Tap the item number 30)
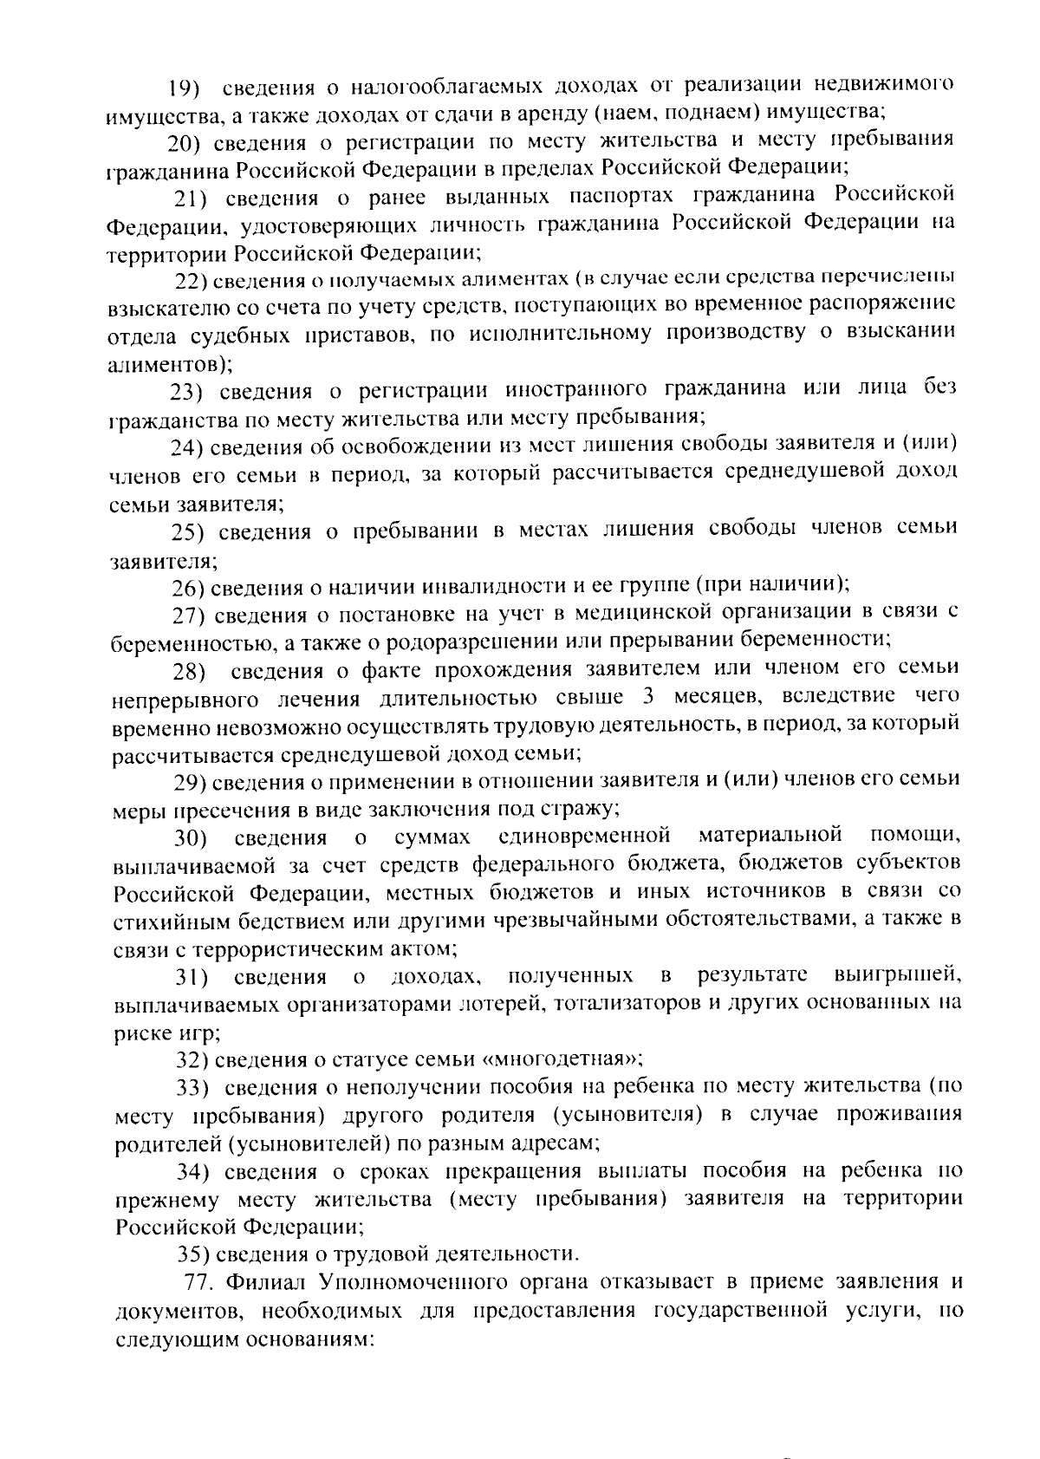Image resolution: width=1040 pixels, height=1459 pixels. point(190,838)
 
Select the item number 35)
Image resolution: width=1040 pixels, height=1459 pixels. point(194,1254)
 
